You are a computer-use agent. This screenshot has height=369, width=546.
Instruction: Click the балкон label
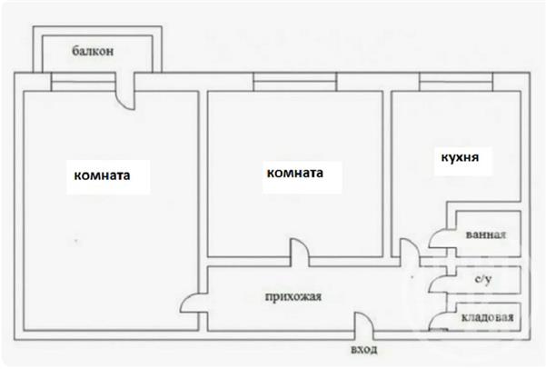coord(93,51)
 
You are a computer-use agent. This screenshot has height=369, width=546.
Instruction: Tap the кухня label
coord(460,158)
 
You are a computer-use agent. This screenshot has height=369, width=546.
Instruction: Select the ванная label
coord(486,234)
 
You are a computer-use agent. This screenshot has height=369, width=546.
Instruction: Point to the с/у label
coord(483,279)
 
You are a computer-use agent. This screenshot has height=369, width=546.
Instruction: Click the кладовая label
coord(488,317)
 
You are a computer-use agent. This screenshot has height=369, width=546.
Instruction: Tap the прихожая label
coord(293,297)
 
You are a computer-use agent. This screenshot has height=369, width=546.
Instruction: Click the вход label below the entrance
coord(364,350)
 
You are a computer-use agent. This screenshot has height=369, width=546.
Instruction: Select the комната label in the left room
coord(102,175)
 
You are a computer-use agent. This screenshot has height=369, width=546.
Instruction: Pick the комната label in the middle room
coord(295,173)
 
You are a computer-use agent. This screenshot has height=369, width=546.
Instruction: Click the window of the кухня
coord(456,82)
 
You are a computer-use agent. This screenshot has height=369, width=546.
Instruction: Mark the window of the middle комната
coord(295,82)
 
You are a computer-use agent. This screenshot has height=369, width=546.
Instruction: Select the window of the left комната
coord(84,82)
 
